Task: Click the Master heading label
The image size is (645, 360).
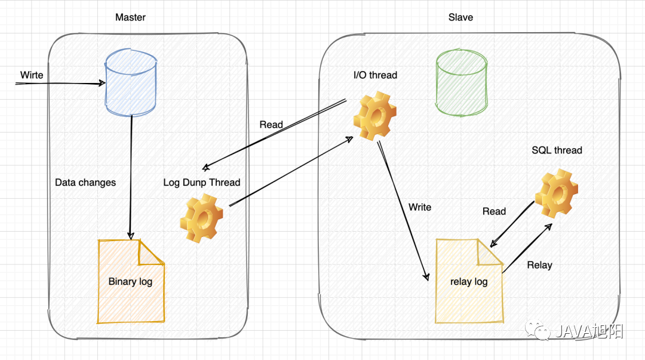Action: coord(130,17)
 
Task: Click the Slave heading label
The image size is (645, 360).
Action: coord(460,17)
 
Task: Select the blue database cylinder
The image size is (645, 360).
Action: coord(131,84)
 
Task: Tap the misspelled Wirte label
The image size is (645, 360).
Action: coord(32,75)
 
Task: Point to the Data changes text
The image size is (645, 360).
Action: coord(85,182)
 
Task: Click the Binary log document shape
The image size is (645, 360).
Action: coord(131,281)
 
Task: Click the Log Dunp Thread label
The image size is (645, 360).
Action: coord(202,182)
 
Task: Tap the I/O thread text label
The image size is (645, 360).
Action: coord(375,75)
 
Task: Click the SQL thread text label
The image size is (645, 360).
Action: coord(557,150)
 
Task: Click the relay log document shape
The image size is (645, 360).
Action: coord(469,281)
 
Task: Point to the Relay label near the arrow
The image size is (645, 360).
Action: coord(539,264)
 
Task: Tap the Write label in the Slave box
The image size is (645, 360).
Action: coord(420,207)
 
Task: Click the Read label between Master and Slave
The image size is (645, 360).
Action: coord(271,125)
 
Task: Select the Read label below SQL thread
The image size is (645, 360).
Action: coord(494,211)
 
